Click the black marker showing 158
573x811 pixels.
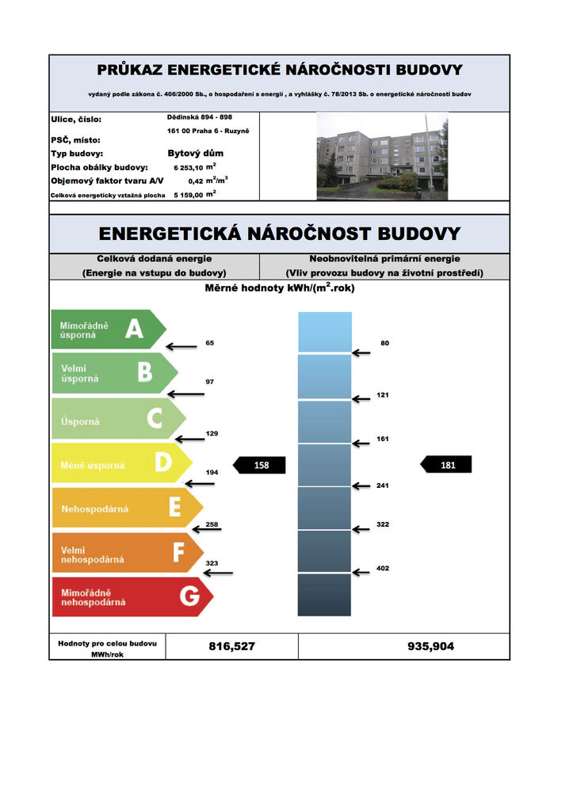coord(258,465)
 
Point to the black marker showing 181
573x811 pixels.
coord(445,465)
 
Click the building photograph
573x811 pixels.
coord(382,155)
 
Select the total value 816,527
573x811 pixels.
coord(231,646)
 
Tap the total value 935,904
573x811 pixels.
coord(430,646)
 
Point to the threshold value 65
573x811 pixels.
coord(209,343)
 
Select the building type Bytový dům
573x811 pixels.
coord(195,153)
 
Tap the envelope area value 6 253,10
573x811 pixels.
coord(188,168)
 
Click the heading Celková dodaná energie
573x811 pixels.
coord(154,258)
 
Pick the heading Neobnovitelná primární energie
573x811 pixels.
coord(384,258)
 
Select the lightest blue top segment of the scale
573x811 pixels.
coord(324,331)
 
